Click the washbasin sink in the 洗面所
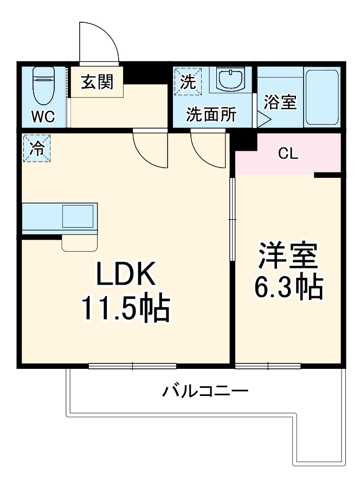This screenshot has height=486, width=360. click(x=230, y=79)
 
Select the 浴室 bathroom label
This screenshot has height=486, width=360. click(x=280, y=102)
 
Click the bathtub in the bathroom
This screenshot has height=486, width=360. click(x=322, y=97)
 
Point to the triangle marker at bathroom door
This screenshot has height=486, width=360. click(x=263, y=119)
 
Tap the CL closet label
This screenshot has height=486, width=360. click(x=287, y=154)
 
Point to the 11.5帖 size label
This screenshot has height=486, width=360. click(x=126, y=308)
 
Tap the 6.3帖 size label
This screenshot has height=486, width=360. click(x=288, y=287)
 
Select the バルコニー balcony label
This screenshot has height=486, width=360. click(x=205, y=391)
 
